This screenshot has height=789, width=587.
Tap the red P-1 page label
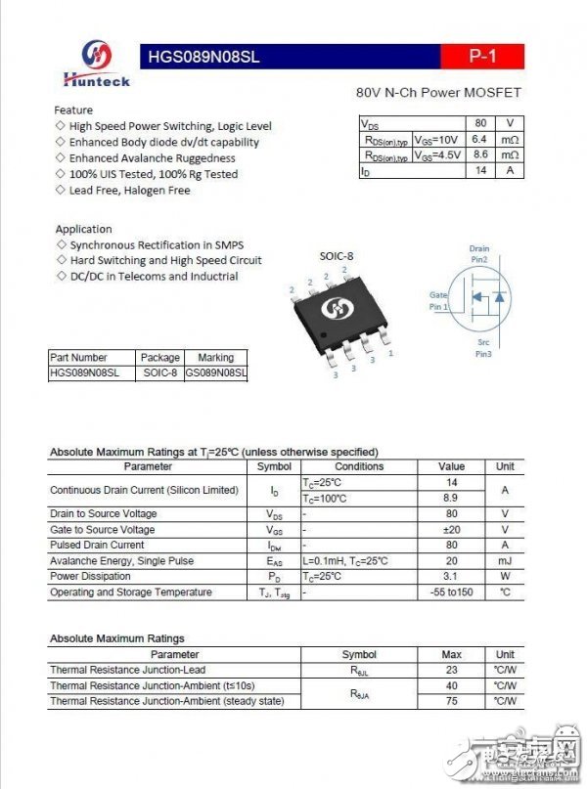482,57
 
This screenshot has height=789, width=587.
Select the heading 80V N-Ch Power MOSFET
437,93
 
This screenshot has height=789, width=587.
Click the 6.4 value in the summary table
479,139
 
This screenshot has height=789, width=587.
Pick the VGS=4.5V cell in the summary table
435,154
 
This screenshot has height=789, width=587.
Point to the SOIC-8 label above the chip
337,256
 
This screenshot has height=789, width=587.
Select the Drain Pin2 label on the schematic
478,254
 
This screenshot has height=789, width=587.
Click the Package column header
160,358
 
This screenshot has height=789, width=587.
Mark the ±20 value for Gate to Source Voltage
451,530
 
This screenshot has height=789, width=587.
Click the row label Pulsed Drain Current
97,546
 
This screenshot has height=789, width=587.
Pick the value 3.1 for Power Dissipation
451,577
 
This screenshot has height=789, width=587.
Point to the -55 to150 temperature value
451,592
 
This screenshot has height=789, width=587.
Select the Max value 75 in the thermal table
451,701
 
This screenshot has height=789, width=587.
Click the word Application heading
83,229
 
